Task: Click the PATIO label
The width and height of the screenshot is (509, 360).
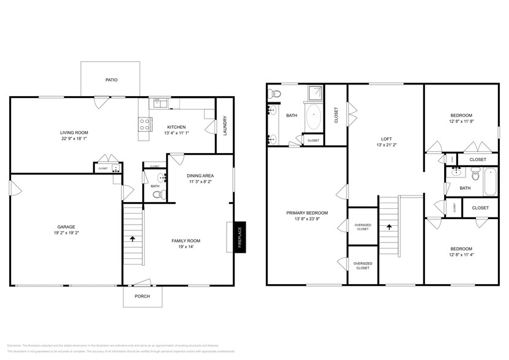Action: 111,80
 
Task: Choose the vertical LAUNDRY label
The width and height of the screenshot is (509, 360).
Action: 225,126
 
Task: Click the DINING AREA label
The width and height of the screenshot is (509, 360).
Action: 200,176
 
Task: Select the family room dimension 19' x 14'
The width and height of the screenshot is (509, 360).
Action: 186,247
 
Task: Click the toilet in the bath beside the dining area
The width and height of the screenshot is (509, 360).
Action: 158,194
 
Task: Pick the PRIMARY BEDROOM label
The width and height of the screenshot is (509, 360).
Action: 307,213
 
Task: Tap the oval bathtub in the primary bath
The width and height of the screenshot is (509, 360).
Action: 314,118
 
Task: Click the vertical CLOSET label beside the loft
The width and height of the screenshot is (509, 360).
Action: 336,116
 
